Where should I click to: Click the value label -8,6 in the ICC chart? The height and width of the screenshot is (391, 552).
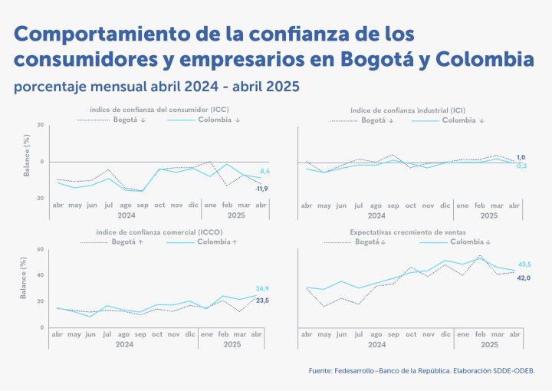263,171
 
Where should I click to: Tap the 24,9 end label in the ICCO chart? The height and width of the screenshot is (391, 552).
261,288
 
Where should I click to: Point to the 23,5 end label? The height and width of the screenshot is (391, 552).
261,300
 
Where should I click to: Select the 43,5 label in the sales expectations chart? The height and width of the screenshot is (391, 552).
524,264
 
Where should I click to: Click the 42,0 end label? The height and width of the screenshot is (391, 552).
524,278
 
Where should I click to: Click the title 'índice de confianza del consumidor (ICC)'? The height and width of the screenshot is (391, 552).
159,110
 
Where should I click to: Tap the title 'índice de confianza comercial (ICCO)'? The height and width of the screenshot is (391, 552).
160,232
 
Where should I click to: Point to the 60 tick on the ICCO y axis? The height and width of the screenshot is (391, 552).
40,249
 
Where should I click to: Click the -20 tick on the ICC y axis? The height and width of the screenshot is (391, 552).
40,198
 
